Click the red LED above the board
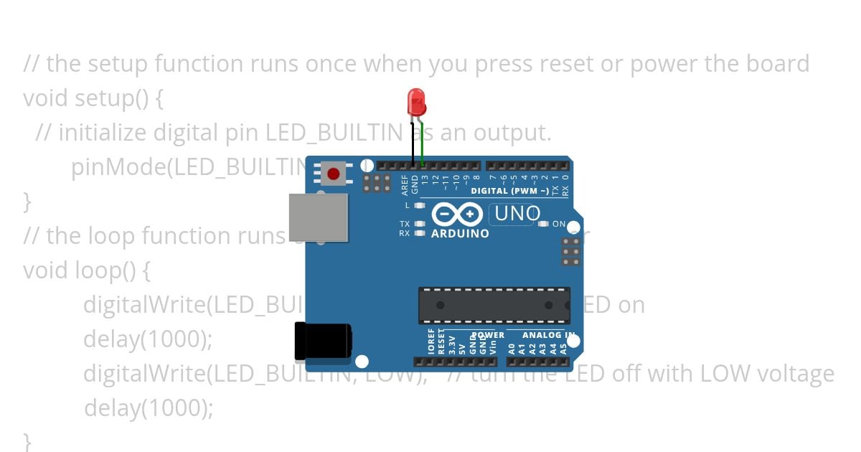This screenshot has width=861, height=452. coord(415,103)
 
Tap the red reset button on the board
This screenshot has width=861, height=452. coord(333,174)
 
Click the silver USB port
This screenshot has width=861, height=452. coord(319,217)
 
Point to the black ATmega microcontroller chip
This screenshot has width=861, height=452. coord(494,305)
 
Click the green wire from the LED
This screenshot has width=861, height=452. coord(423,143)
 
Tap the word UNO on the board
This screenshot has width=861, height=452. coord(517,213)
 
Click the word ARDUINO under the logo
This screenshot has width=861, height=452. coord(460,234)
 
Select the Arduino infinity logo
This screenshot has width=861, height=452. coord(456,214)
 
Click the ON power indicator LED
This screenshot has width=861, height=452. coord(543,224)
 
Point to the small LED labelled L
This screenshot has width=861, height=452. coord(420,206)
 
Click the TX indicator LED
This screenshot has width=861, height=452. coord(420,224)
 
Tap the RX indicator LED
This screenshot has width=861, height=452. coord(420,233)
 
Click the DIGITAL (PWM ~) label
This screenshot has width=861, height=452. coord(509,192)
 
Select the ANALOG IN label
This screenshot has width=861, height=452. coord(548,335)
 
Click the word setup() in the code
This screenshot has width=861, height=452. coord(112,98)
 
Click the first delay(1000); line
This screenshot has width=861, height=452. coord(148,339)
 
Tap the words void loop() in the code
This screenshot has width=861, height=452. coord(86,270)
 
